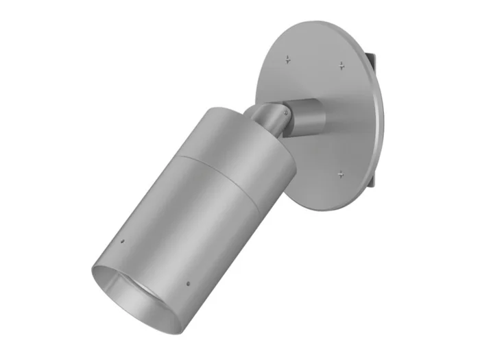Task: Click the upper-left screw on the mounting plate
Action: click(x=288, y=60)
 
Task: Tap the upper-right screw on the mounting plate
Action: click(x=341, y=66)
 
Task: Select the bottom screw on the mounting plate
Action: click(x=340, y=174)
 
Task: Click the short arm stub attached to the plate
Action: click(x=307, y=115)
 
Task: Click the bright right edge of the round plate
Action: click(x=381, y=123)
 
